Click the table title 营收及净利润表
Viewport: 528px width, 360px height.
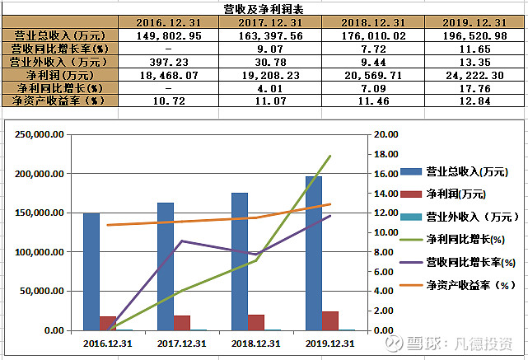(x=264, y=8)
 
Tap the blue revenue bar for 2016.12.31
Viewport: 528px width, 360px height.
(x=91, y=272)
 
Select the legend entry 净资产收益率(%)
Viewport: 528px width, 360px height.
(x=470, y=285)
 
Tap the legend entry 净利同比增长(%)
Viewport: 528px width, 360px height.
(x=465, y=240)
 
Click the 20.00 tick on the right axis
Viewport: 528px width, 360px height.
(x=385, y=134)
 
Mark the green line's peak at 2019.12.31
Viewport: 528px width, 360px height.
(x=330, y=156)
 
